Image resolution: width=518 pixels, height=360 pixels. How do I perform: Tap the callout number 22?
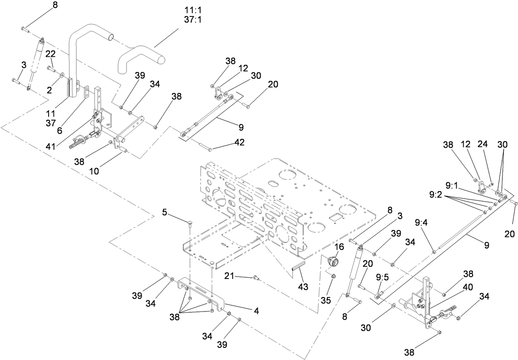coord(50,54)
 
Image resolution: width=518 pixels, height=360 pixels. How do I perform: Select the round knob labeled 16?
coord(332,261)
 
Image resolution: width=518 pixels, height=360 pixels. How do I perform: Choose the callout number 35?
coord(326,300)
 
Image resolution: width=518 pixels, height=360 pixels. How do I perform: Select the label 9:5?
coord(382,277)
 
